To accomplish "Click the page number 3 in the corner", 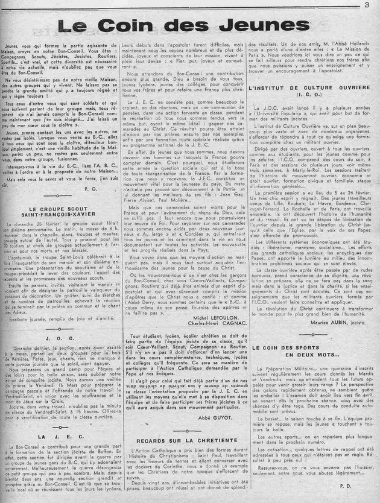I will coord(367,7).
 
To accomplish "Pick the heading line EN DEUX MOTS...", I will coord(312,356).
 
